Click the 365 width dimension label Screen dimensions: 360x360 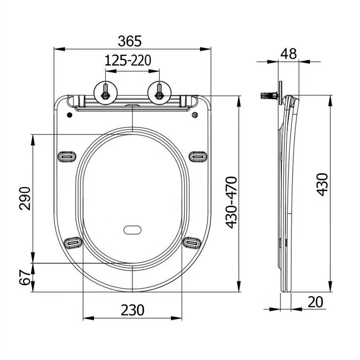tap(130, 41)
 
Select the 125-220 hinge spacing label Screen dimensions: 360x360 tap(127, 61)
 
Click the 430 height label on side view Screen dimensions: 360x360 tap(323, 185)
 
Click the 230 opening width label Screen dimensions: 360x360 tap(132, 310)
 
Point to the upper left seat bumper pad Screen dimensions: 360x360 tap(66, 157)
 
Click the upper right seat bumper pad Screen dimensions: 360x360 tap(199, 157)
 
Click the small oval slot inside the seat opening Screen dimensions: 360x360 tap(133, 229)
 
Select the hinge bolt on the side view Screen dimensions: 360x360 tap(268, 96)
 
